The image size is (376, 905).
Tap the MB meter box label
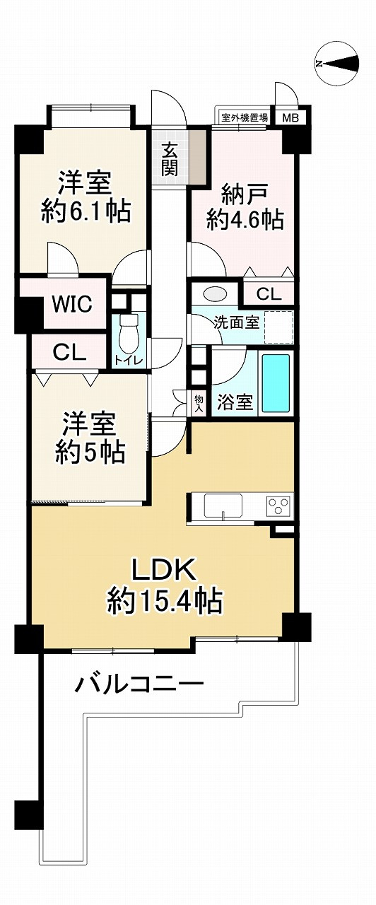290,117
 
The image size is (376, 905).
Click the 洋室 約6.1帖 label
86,196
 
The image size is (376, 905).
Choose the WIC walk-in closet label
71,305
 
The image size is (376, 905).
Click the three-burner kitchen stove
277,507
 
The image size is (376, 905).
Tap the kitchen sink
223,506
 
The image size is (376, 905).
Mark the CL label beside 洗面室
268,294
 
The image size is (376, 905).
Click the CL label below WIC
70,352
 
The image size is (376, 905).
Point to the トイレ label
129,361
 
